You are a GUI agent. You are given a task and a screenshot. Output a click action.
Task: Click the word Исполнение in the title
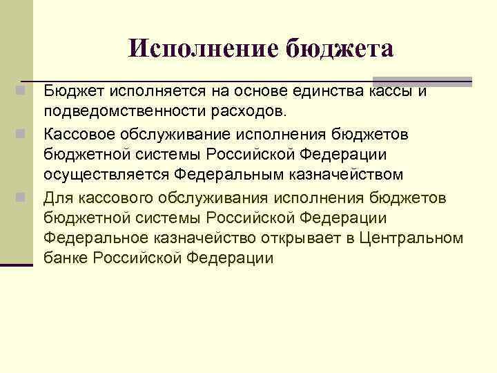click(202, 48)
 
